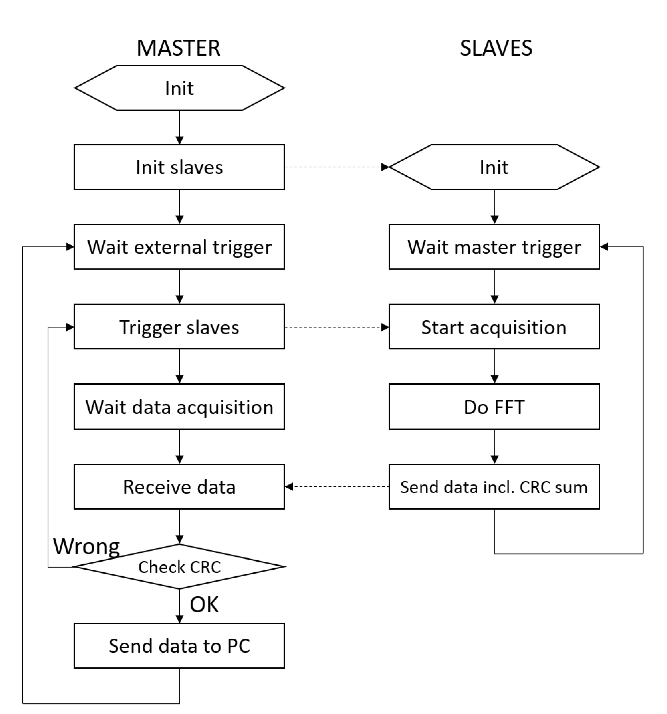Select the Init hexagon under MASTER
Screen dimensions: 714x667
(179, 88)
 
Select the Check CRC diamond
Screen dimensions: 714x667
(179, 567)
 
